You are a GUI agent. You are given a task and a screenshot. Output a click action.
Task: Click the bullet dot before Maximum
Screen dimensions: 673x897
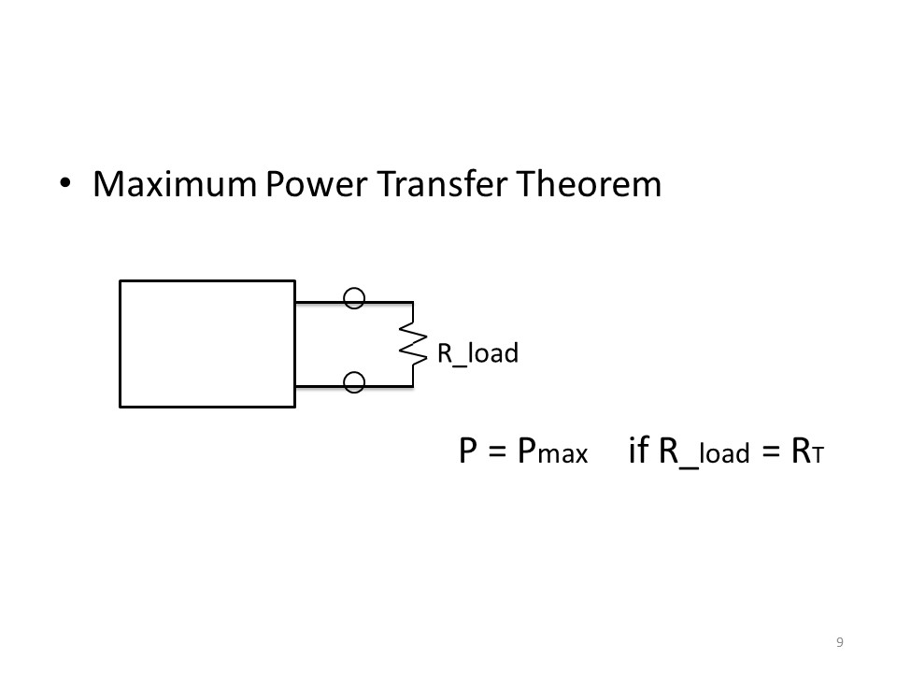[x=65, y=183]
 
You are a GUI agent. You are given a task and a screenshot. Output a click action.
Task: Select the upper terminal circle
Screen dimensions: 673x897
[x=354, y=298]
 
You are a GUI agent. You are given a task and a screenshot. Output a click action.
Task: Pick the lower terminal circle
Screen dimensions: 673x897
[x=354, y=381]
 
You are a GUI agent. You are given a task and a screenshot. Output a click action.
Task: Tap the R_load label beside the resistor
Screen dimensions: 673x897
[x=477, y=353]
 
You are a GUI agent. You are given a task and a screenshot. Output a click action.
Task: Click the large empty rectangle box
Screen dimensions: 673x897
[x=207, y=344]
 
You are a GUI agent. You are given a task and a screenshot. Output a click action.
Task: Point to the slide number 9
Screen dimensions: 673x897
[x=840, y=641]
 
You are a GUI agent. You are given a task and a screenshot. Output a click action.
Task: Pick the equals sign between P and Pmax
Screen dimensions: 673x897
[x=499, y=452]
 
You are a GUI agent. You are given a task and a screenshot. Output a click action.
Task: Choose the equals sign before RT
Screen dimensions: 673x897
[x=770, y=452]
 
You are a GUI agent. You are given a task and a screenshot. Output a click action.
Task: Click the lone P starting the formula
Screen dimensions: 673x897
[x=469, y=451]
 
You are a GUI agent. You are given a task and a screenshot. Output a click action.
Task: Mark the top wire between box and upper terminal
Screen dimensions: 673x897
[x=320, y=303]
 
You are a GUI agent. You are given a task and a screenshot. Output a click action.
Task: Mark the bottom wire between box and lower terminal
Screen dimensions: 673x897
[x=320, y=385]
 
